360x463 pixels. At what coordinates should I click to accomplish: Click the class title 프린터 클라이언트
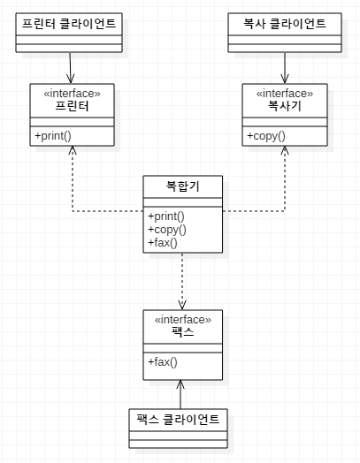pos(69,24)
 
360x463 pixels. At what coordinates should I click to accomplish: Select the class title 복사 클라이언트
pos(285,24)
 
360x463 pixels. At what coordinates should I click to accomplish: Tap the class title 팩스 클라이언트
pos(178,420)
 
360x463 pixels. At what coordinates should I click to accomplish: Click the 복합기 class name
pos(183,186)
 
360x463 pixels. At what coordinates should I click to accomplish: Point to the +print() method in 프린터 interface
pos(53,136)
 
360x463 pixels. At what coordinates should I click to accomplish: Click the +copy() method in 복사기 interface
pos(266,136)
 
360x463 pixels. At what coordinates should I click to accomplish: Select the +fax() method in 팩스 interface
pos(163,362)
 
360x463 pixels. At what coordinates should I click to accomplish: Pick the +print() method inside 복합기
pos(166,216)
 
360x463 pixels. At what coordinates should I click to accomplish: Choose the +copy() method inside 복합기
pos(167,230)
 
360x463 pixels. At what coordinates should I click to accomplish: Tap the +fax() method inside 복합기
pos(163,243)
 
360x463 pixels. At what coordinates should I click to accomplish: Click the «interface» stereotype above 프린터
pos(73,94)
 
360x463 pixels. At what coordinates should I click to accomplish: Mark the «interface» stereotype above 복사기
pos(285,94)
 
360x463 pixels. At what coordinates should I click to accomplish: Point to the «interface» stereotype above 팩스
pos(183,320)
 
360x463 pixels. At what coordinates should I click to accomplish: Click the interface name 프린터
pos(73,106)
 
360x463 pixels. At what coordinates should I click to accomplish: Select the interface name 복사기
pos(285,106)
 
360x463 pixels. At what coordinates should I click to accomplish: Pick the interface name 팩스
pos(183,332)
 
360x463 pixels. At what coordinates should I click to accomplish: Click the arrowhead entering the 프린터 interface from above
pos(71,80)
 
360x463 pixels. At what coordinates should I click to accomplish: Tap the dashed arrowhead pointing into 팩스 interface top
pos(182,306)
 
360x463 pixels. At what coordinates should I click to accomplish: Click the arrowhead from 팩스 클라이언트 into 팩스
pos(180,384)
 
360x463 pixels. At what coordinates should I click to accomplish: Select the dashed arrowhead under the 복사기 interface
pos(285,150)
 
